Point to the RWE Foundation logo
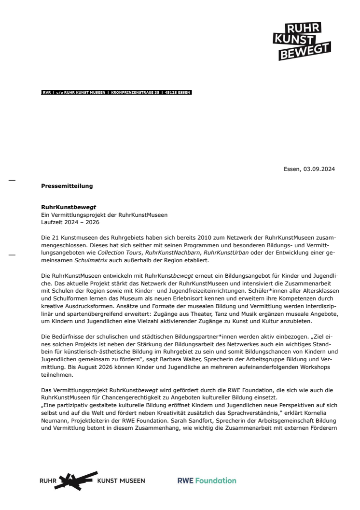pyautogui.click(x=207, y=481)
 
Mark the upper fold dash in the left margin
pyautogui.click(x=12, y=180)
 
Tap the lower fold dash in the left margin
pyautogui.click(x=12, y=255)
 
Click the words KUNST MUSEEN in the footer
pyautogui.click(x=121, y=481)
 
